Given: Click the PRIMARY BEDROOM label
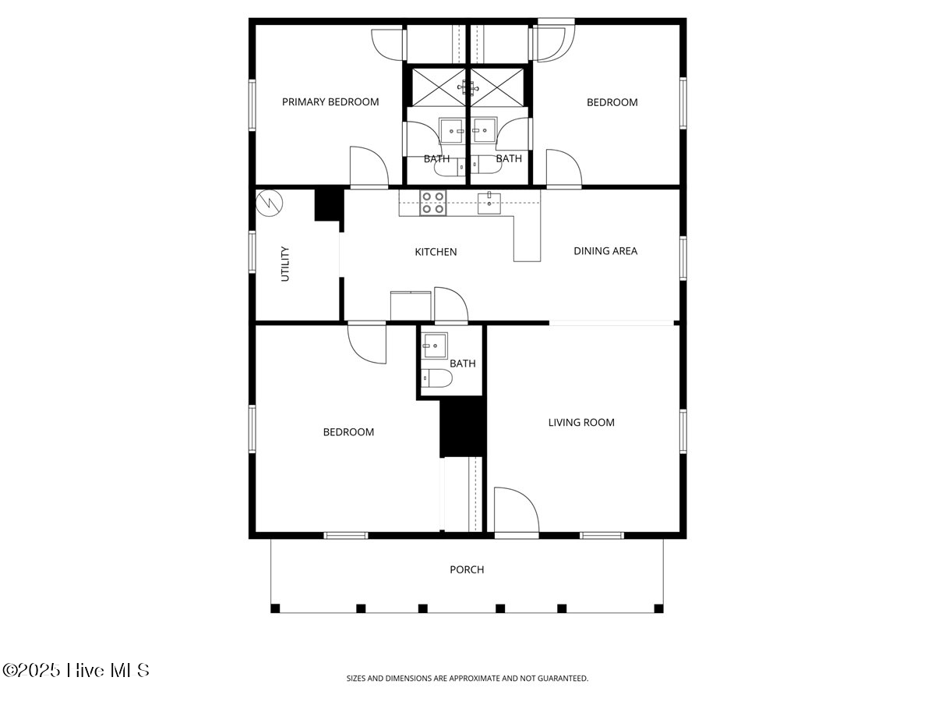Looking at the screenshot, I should pyautogui.click(x=330, y=102).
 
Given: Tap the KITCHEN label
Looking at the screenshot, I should pyautogui.click(x=436, y=252).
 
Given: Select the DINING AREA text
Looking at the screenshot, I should pyautogui.click(x=605, y=251).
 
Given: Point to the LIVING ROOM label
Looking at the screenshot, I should pyautogui.click(x=581, y=423).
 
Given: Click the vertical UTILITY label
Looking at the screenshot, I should pyautogui.click(x=285, y=264).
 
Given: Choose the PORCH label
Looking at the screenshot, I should pyautogui.click(x=467, y=570).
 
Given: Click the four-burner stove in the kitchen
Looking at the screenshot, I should pyautogui.click(x=432, y=203).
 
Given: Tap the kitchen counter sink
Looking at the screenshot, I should pyautogui.click(x=489, y=203).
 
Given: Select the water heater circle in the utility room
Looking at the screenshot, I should pyautogui.click(x=270, y=203).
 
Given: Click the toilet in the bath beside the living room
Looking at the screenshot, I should pyautogui.click(x=436, y=379).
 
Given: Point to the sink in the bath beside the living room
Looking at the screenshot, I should pyautogui.click(x=435, y=344).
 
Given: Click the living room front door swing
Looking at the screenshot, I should pyautogui.click(x=514, y=511).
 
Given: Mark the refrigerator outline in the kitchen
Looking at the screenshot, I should pyautogui.click(x=410, y=305).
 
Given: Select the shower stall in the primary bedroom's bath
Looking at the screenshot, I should pyautogui.click(x=437, y=85).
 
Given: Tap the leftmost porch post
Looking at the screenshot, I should pyautogui.click(x=275, y=608).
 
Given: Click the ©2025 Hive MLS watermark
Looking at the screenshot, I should pyautogui.click(x=76, y=670).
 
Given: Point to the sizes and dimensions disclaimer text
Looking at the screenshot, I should pyautogui.click(x=467, y=679).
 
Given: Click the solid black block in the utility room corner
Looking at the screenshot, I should pyautogui.click(x=327, y=205).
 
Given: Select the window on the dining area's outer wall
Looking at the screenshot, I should pyautogui.click(x=683, y=257).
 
